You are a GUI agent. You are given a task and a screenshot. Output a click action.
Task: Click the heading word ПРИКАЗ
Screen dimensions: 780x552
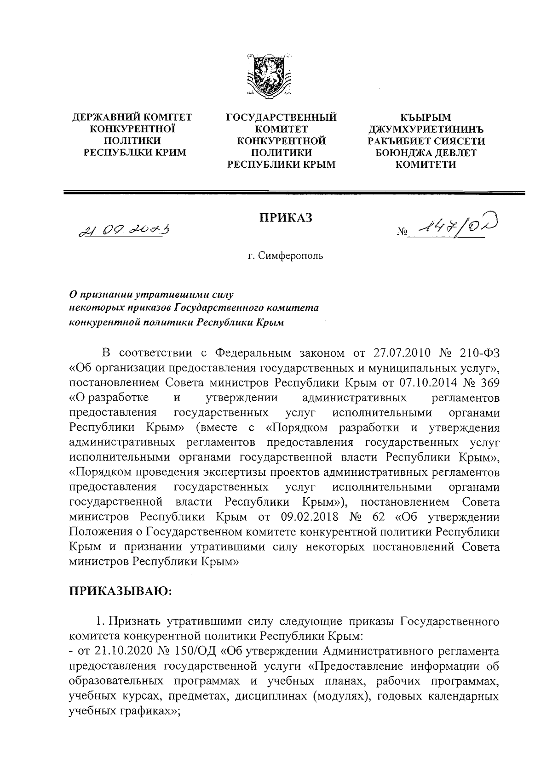(x=285, y=217)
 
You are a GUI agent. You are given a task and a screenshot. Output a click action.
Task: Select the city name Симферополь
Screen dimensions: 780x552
(x=290, y=256)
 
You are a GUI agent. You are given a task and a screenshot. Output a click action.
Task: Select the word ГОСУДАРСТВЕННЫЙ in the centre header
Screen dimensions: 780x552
(x=282, y=118)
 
